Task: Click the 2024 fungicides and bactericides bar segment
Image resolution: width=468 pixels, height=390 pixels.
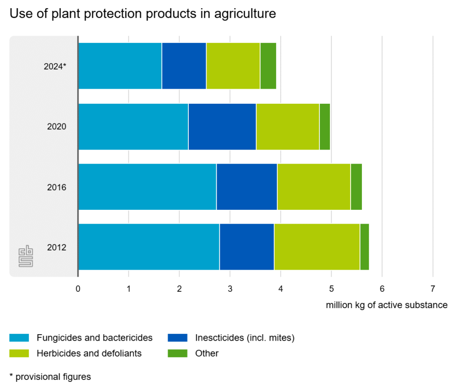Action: (120, 66)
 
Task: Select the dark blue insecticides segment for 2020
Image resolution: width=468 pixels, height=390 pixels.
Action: (222, 127)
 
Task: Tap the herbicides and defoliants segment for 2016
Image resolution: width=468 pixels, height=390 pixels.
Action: (314, 187)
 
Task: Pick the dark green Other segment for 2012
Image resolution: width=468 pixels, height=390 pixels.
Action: (364, 247)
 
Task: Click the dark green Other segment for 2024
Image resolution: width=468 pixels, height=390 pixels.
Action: (268, 66)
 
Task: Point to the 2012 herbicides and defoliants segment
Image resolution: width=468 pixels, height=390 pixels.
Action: (317, 247)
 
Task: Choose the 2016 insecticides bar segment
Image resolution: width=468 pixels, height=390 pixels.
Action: (246, 187)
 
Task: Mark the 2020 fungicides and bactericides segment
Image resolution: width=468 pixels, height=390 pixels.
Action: (133, 127)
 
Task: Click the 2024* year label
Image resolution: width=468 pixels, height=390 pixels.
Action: (55, 66)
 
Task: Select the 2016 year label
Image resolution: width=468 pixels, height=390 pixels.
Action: (57, 187)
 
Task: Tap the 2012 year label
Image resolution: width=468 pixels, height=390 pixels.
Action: (57, 248)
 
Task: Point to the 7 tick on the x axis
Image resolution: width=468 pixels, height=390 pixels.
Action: (432, 289)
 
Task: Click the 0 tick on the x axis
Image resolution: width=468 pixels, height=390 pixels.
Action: (78, 289)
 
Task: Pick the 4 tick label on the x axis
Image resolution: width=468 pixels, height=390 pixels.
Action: (281, 289)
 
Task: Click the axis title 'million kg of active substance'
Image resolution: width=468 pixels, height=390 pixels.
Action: (387, 305)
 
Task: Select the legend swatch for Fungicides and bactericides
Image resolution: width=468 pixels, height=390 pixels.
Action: (19, 338)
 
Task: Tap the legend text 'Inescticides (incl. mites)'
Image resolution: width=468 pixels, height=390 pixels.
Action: (245, 338)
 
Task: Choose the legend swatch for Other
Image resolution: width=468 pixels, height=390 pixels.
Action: (177, 353)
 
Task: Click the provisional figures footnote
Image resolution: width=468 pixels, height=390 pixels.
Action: (50, 377)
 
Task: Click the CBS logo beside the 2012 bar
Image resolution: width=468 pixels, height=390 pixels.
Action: (26, 257)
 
